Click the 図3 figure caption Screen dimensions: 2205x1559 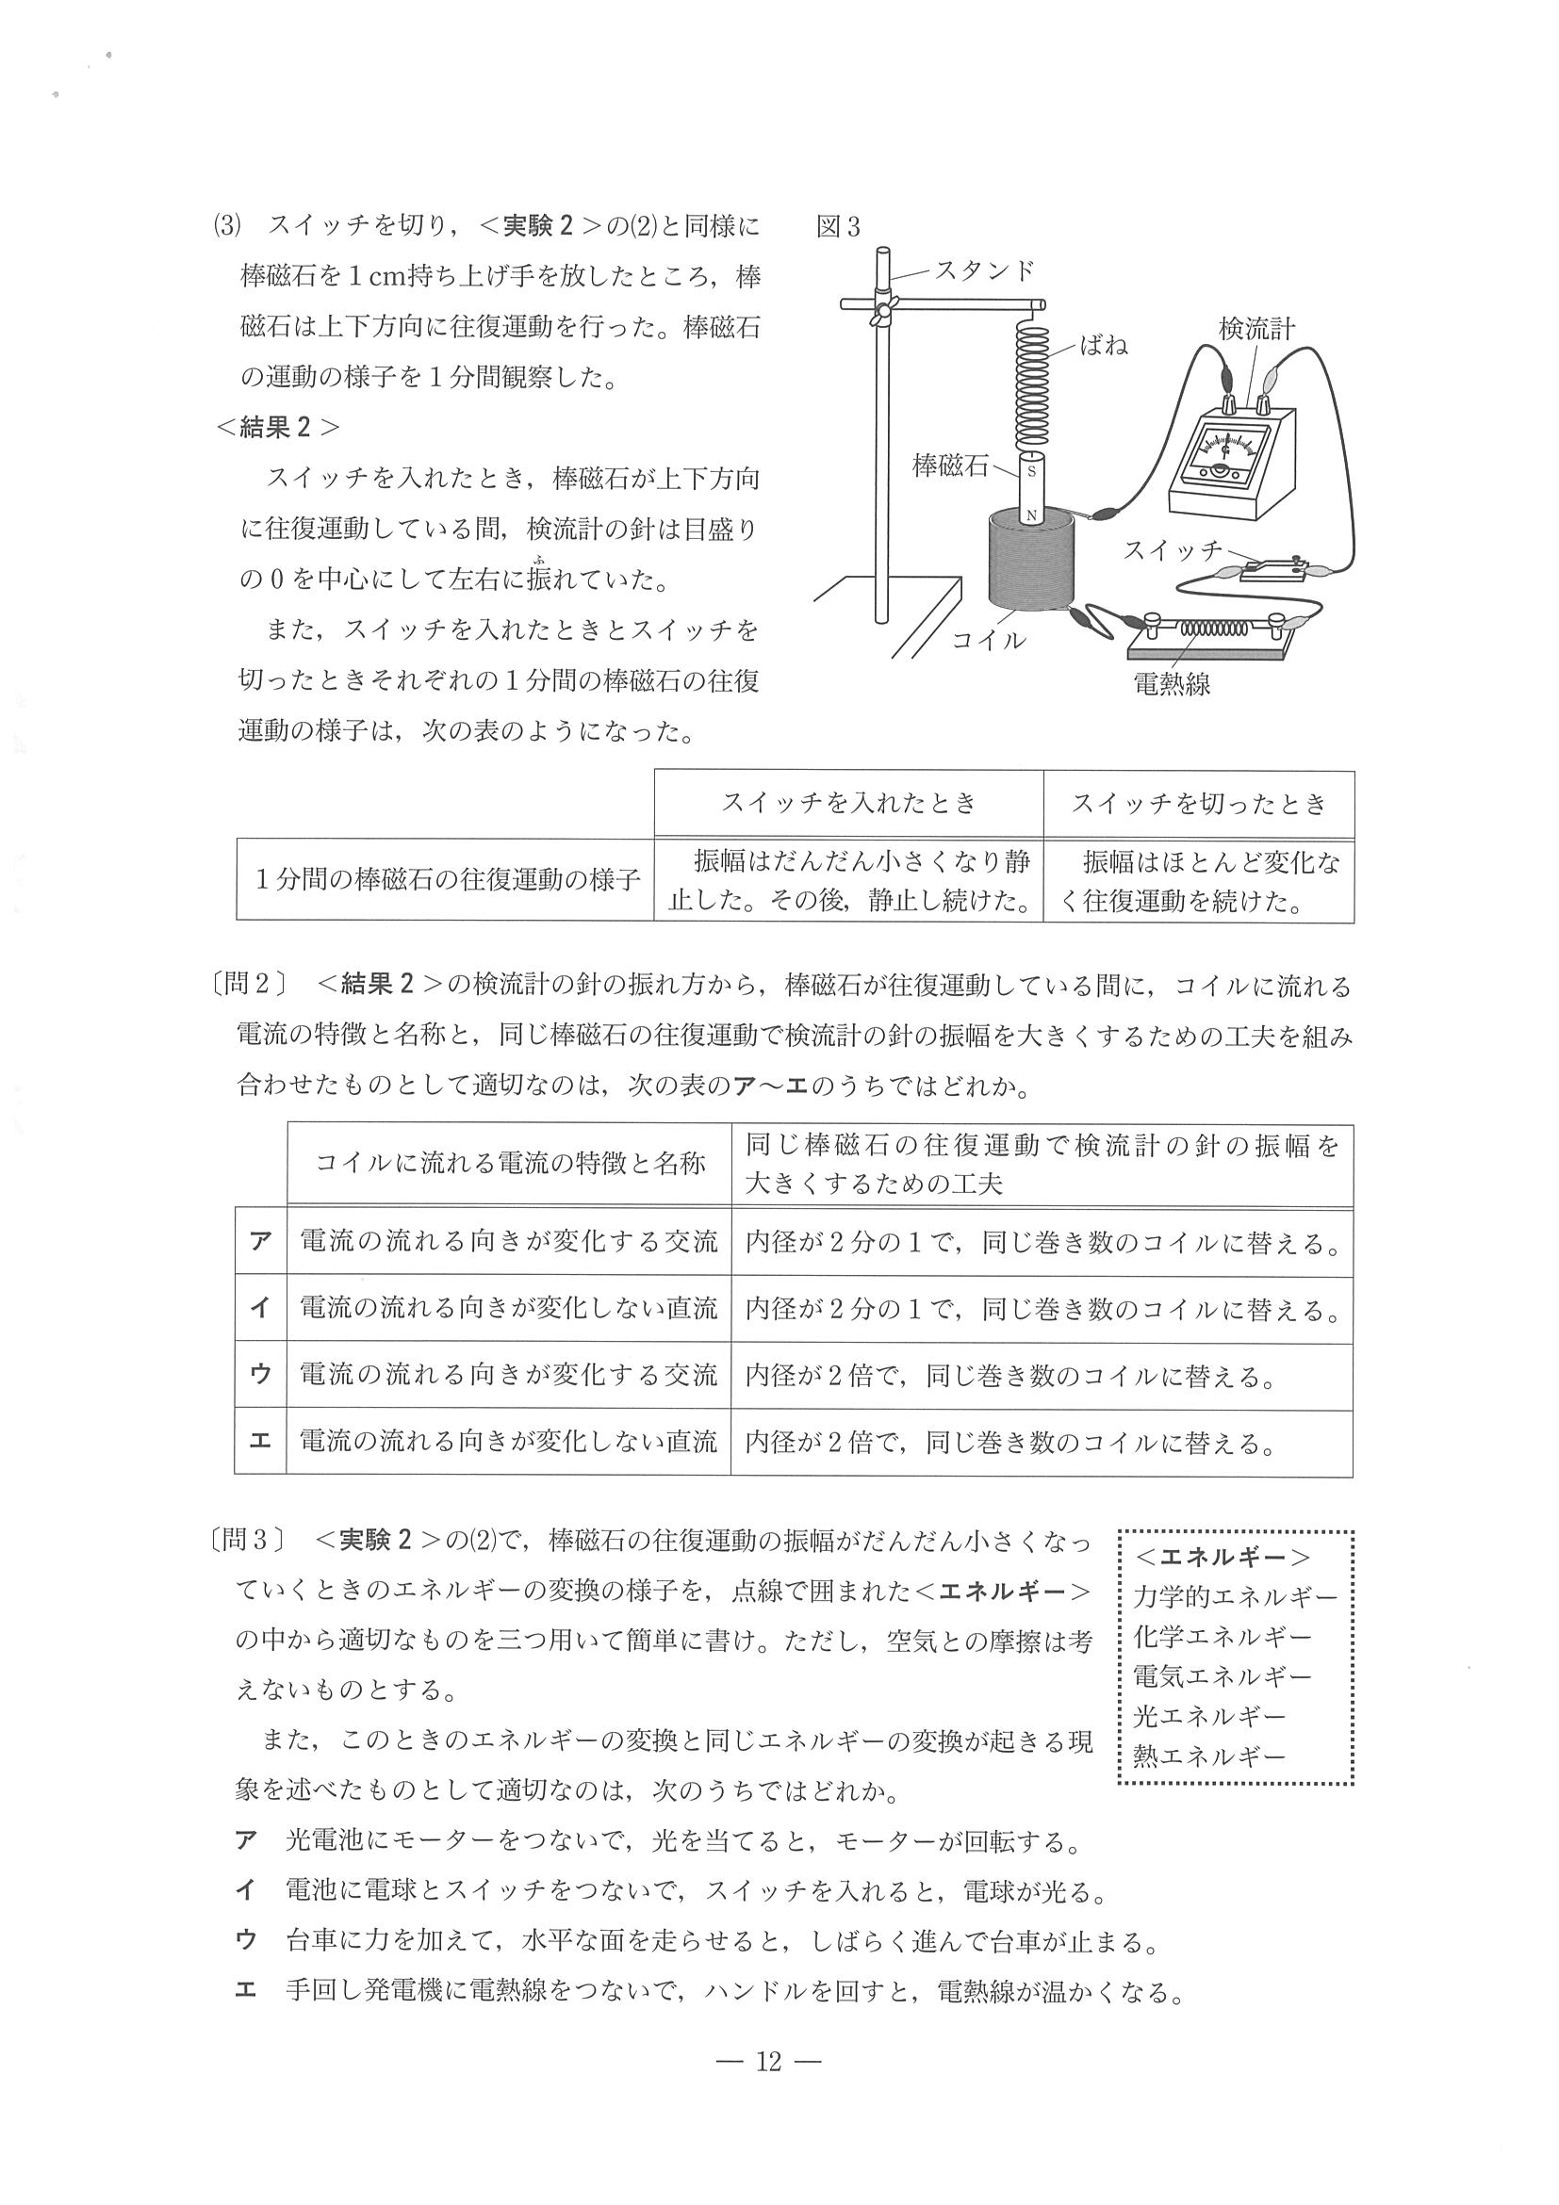click(838, 227)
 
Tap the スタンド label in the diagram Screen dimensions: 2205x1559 click(985, 269)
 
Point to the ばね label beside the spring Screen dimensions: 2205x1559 click(1104, 345)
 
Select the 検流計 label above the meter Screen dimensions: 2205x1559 click(1256, 329)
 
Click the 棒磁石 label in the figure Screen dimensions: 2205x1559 click(950, 466)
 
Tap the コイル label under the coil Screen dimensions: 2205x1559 click(989, 641)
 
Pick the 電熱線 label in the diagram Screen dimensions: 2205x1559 click(1172, 685)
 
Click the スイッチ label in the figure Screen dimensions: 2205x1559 click(1172, 549)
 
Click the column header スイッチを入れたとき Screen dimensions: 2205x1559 click(848, 803)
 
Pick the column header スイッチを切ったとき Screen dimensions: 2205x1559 click(1199, 803)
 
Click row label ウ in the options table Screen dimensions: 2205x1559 click(260, 1374)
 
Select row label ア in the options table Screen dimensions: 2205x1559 click(260, 1242)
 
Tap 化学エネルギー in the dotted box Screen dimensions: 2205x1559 click(1222, 1636)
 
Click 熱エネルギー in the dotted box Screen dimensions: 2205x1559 click(1208, 1756)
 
